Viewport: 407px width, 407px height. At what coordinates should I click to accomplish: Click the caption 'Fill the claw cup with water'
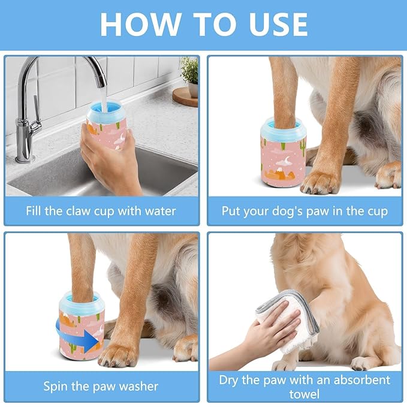(101, 211)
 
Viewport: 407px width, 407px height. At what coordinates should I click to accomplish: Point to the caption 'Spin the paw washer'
(101, 386)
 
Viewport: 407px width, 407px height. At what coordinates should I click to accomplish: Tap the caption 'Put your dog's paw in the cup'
(305, 211)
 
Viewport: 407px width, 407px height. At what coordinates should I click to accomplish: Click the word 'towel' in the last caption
(305, 393)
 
